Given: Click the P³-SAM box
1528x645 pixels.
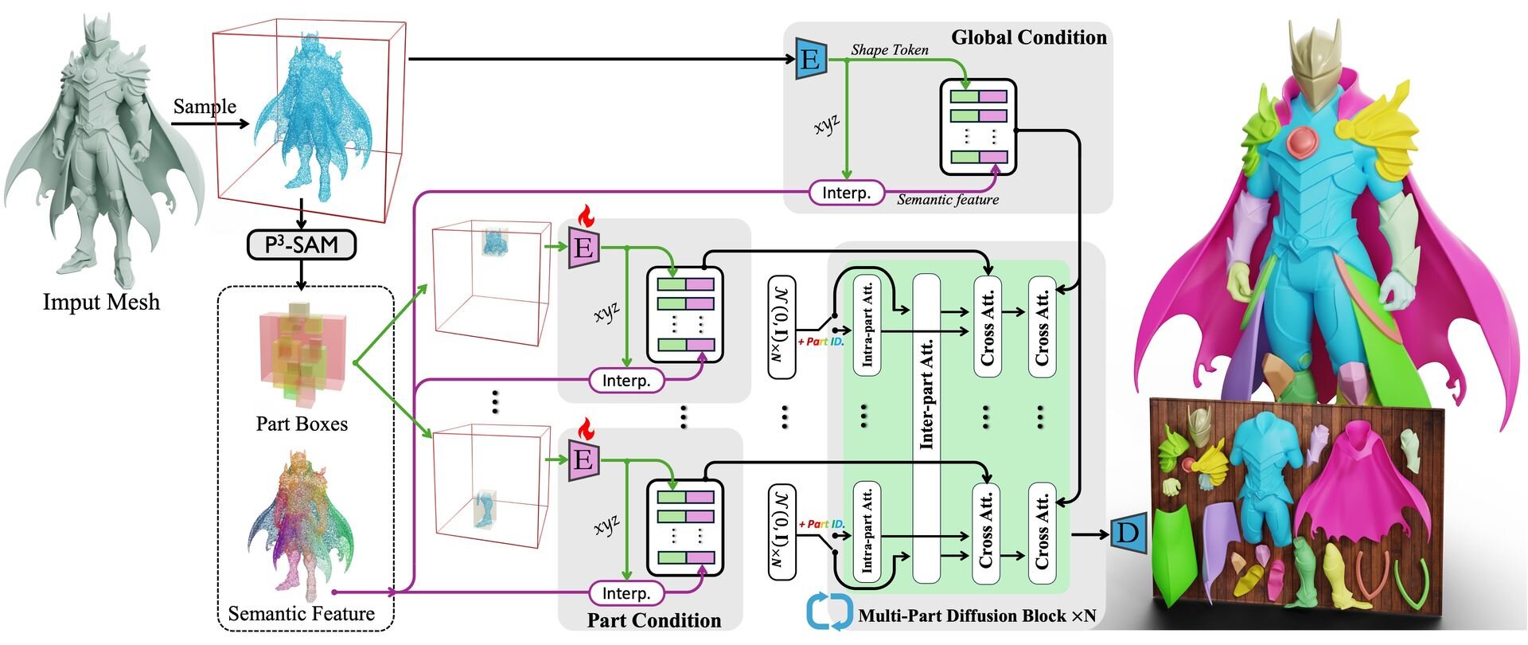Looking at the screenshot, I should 302,245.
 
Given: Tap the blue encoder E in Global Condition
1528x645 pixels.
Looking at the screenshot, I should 809,59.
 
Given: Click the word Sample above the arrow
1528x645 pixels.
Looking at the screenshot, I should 205,107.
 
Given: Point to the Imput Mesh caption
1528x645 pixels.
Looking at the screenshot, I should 101,303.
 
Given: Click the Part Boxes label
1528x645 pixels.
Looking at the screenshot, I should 302,424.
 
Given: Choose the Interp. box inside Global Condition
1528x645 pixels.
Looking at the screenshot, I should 846,193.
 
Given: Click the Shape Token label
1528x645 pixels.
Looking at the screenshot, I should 889,49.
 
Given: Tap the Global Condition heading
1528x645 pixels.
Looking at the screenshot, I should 1028,37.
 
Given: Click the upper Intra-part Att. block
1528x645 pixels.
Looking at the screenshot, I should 867,325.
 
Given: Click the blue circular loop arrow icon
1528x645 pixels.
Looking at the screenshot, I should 830,612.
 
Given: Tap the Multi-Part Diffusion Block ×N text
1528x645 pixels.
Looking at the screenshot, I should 976,616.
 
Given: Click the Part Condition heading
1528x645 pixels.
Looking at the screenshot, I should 653,620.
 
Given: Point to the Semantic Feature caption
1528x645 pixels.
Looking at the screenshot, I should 301,614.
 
